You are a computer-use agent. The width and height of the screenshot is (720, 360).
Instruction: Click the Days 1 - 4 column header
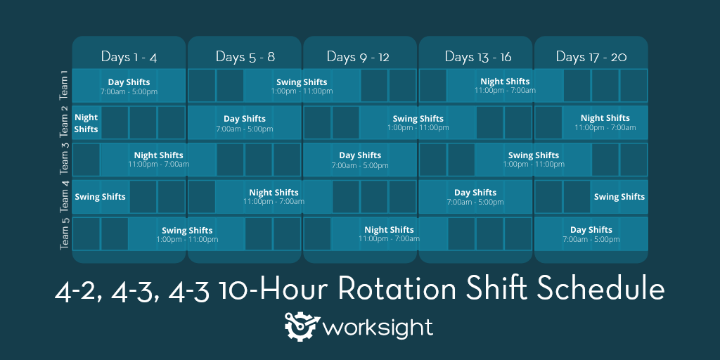click(129, 56)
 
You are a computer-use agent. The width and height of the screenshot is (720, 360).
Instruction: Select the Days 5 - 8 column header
click(245, 56)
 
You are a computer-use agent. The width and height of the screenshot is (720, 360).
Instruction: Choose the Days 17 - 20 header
click(591, 56)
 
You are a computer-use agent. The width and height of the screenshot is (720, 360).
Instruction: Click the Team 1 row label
click(64, 84)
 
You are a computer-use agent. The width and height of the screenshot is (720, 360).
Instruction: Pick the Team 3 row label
click(64, 159)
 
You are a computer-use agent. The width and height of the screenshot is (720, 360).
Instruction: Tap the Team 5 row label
click(65, 233)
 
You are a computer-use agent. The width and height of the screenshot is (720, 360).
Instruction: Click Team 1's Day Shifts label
click(129, 82)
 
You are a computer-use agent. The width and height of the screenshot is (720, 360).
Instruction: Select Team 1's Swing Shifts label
click(302, 82)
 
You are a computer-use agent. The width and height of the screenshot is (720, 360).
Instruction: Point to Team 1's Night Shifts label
click(505, 82)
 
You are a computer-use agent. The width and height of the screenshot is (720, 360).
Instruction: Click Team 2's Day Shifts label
click(245, 119)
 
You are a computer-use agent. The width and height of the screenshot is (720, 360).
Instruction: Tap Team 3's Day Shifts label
click(360, 155)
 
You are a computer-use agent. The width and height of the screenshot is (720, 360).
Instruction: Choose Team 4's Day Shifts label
click(475, 193)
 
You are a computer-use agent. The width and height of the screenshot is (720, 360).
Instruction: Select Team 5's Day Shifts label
click(591, 230)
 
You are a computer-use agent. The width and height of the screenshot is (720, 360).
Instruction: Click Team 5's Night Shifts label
click(389, 230)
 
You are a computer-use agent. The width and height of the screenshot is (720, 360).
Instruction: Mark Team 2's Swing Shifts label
click(418, 119)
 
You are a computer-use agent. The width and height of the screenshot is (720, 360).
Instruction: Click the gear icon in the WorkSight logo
click(302, 326)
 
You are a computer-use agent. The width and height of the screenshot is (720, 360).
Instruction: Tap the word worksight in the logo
click(378, 328)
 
